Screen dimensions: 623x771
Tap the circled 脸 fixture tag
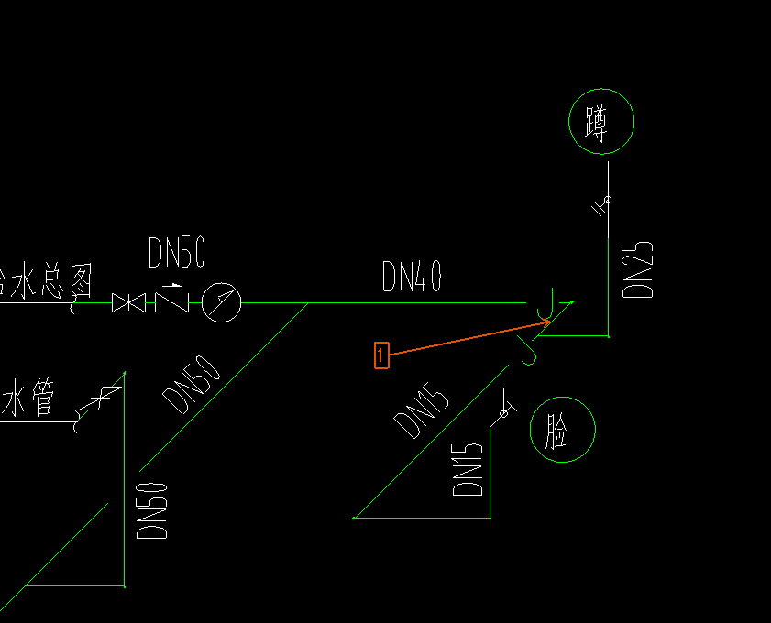point(562,430)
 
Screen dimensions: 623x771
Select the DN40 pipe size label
point(412,277)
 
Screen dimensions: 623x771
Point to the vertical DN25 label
point(638,269)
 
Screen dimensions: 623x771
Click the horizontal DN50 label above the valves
point(176,254)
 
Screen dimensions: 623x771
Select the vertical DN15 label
point(468,469)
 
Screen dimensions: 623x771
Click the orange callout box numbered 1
point(381,355)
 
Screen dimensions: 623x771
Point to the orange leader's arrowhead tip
point(549,322)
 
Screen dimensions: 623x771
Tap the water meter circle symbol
point(221,302)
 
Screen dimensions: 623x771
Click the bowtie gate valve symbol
point(128,302)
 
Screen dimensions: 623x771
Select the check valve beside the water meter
point(171,300)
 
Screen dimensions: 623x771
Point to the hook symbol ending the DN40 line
point(545,302)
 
